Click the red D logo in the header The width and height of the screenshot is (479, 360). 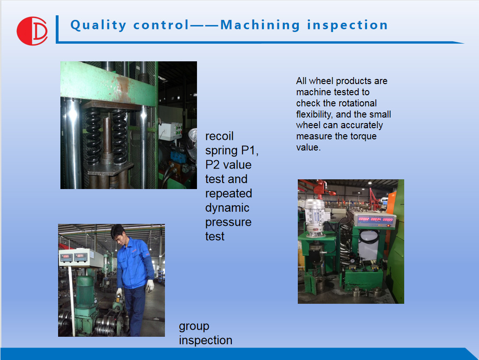coord(32,31)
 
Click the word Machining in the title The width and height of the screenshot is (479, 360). coord(260,25)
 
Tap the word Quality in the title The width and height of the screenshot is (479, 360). coord(98,25)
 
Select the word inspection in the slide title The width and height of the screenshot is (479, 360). coord(348,25)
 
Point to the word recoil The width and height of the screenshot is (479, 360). coord(219,136)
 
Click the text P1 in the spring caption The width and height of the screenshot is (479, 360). coord(250,151)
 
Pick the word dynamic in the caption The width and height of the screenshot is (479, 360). coord(227,208)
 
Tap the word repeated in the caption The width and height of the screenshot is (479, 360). coord(229,194)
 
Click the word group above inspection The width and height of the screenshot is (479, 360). coord(194,327)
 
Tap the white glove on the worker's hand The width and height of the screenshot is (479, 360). coord(150,286)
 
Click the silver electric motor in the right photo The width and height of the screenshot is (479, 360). coord(315,217)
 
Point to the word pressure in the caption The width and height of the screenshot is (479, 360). coord(228,223)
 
